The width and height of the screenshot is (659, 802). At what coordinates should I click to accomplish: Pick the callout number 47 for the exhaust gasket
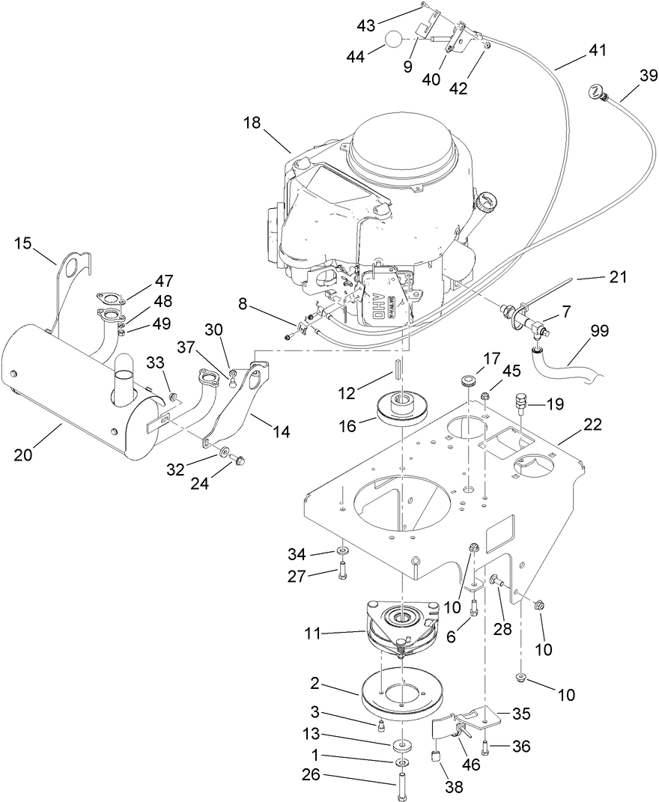[x=164, y=282]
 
